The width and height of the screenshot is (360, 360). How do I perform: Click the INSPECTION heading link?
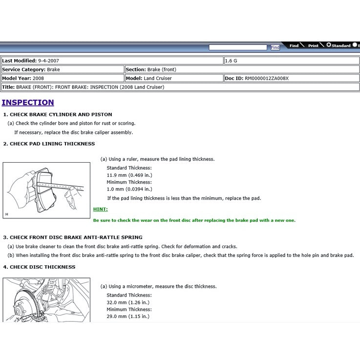coord(28,103)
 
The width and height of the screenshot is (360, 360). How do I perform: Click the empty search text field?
coord(238,47)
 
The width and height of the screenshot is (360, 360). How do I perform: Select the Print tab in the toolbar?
coord(313,45)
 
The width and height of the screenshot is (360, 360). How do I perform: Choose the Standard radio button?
coord(329,45)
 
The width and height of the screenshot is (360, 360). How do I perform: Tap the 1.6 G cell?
coord(232,61)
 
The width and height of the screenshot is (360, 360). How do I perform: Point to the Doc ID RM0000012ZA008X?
coord(267,78)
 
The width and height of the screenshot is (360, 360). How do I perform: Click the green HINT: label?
coord(101,209)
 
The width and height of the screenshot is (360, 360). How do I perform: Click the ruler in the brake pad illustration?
coord(59,186)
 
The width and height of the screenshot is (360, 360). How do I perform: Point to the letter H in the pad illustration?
coord(7,214)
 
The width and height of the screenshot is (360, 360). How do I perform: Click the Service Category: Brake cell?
coord(31,70)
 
